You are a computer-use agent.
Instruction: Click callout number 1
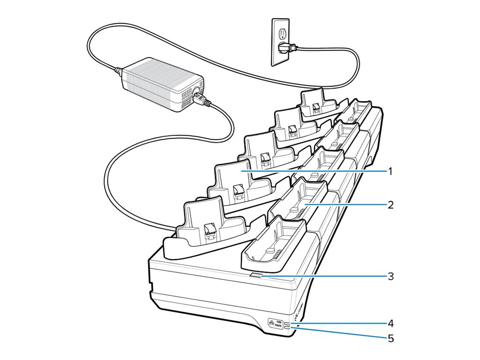(390, 172)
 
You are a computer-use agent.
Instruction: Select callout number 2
(390, 205)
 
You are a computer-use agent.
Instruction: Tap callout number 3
(390, 276)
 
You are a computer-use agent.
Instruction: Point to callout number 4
(390, 323)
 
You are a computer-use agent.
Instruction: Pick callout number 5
(390, 337)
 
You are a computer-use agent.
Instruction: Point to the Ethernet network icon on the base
(272, 322)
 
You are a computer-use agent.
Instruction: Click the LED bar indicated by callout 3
(256, 277)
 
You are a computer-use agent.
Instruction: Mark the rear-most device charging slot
(319, 103)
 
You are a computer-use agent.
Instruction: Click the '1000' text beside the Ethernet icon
(279, 321)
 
